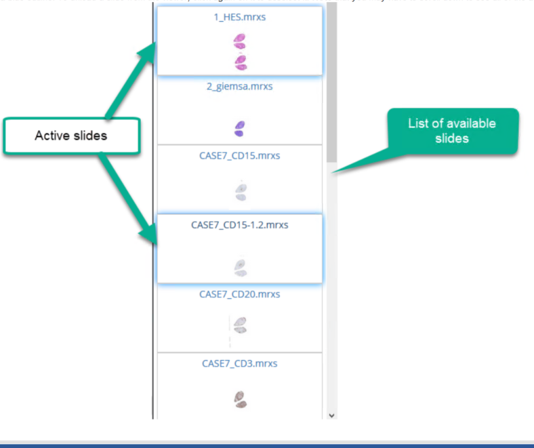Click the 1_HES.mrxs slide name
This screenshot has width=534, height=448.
point(239,17)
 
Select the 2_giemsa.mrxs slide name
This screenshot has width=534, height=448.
point(239,87)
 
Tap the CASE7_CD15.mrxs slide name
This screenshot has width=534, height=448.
point(239,156)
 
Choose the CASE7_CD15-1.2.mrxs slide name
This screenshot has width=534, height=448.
point(239,225)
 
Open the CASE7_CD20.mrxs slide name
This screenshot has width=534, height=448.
point(239,294)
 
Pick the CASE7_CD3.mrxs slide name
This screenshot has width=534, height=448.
point(239,363)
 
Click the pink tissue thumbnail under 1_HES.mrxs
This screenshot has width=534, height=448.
point(239,52)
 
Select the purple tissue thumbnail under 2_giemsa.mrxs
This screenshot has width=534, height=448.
point(239,127)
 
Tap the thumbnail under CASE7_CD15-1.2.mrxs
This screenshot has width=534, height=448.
point(239,266)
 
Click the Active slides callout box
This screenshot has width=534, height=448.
point(70,136)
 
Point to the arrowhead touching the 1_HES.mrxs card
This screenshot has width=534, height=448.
point(150,45)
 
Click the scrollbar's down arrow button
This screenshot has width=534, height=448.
point(331,415)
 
